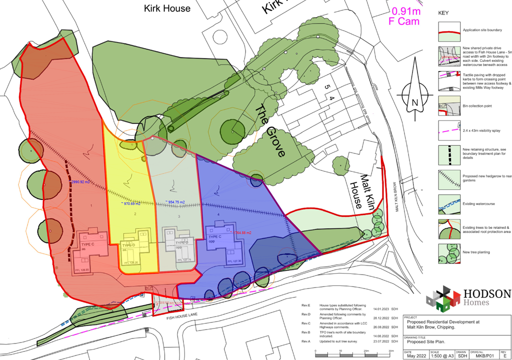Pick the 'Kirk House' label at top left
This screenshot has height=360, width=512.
click(x=167, y=8)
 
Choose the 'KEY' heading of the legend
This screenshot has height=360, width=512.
click(x=443, y=13)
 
